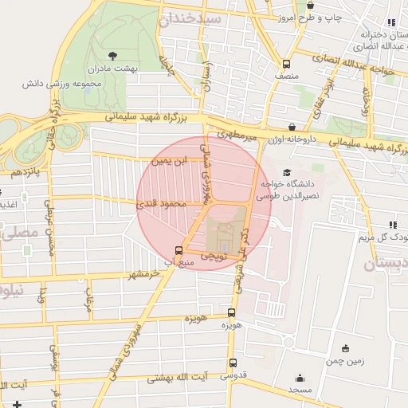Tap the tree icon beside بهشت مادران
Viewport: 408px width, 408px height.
click(x=112, y=56)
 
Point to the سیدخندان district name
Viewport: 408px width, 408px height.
click(x=210, y=18)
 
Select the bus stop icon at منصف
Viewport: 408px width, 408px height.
click(x=285, y=65)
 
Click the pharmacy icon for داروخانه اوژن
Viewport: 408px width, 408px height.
click(x=292, y=127)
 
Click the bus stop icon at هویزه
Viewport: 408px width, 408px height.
click(x=231, y=313)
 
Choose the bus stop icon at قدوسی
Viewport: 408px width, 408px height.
click(x=233, y=363)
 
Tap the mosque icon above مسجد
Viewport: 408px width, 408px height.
click(x=300, y=378)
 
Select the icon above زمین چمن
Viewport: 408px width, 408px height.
click(x=344, y=348)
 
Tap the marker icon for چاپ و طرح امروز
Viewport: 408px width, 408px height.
click(x=309, y=5)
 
